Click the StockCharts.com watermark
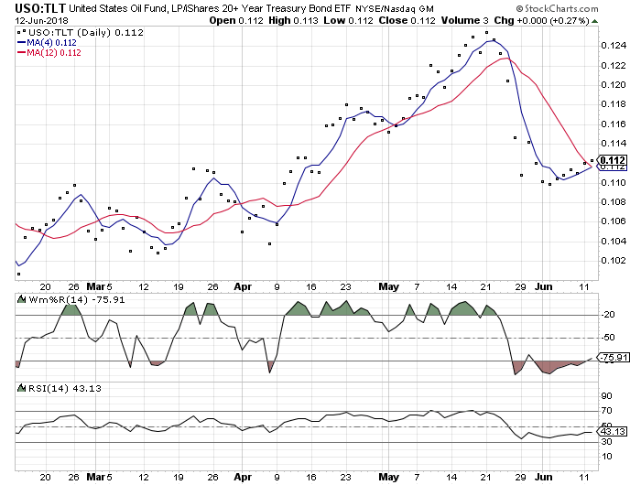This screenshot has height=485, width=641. [582, 9]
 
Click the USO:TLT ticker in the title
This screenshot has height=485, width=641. [32, 10]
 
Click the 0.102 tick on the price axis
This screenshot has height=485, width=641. [613, 261]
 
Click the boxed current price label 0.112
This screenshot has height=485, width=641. [613, 161]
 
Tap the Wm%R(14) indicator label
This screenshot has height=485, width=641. [50, 299]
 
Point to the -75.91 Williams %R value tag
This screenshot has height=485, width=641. [613, 359]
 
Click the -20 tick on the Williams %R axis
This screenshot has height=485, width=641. [607, 315]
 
